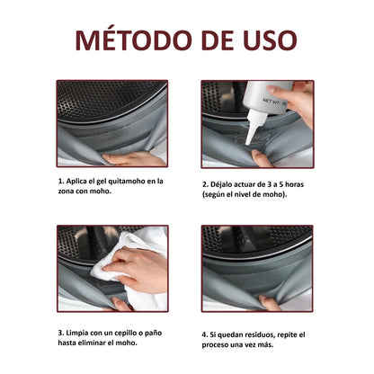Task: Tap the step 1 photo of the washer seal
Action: pyautogui.click(x=111, y=123)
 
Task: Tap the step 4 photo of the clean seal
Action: pyautogui.click(x=256, y=267)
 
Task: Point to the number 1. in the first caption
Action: pyautogui.click(x=61, y=181)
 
